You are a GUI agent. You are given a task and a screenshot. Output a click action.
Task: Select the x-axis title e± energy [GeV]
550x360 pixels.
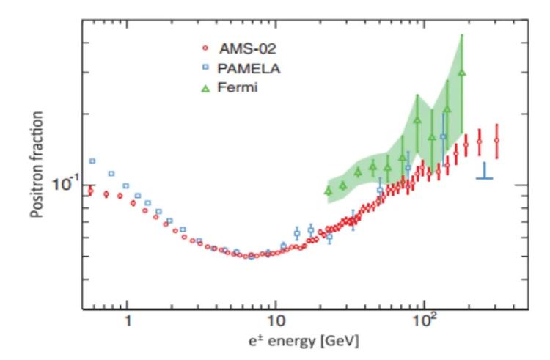point(302,342)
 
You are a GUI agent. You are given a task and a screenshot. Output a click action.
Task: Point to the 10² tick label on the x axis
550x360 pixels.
point(424,321)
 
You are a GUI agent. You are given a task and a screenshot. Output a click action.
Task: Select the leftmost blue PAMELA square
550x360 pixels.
point(92,161)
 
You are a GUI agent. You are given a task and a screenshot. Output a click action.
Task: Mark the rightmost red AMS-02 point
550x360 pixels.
point(496,140)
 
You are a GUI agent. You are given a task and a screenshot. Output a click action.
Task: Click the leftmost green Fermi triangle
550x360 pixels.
point(329,191)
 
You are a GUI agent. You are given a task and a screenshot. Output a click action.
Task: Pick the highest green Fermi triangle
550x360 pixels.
point(461,73)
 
